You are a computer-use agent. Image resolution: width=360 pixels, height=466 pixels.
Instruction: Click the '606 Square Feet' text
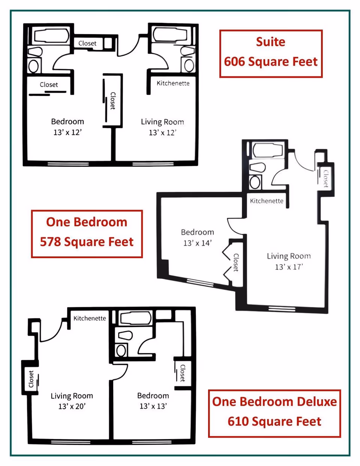click(x=271, y=62)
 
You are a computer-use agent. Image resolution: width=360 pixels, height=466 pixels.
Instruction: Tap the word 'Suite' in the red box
click(x=271, y=42)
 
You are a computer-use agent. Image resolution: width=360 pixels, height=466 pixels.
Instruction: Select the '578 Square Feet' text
click(x=87, y=242)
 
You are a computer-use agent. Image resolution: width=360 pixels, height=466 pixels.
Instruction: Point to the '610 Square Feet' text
click(x=274, y=421)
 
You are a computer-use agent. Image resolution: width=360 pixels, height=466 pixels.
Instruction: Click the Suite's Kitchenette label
click(x=173, y=83)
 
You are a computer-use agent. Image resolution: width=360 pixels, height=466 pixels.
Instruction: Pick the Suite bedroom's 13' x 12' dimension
click(x=67, y=132)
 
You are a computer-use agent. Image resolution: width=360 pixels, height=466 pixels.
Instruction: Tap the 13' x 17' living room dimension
click(x=289, y=267)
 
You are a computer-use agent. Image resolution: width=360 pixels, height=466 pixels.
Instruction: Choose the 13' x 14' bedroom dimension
click(x=197, y=243)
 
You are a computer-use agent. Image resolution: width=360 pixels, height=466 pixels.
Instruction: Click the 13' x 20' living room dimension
click(x=72, y=406)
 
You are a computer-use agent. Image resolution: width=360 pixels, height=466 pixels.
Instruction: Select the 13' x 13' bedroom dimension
click(x=153, y=406)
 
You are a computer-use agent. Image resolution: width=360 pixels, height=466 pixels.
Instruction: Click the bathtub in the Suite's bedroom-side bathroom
click(x=52, y=35)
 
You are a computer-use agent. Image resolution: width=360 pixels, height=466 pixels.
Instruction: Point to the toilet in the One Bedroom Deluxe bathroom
click(x=125, y=335)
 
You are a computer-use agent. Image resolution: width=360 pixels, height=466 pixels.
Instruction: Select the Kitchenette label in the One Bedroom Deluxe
click(x=90, y=318)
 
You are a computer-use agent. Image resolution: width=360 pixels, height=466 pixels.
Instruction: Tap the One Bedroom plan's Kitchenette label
click(x=267, y=201)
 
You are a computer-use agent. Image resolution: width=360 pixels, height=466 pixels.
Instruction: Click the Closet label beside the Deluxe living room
click(x=31, y=379)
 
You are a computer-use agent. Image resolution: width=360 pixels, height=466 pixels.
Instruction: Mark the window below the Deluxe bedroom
click(x=152, y=442)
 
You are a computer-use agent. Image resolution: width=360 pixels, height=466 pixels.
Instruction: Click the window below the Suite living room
click(x=153, y=164)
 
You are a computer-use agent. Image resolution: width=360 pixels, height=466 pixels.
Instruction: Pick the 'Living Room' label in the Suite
click(x=162, y=122)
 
